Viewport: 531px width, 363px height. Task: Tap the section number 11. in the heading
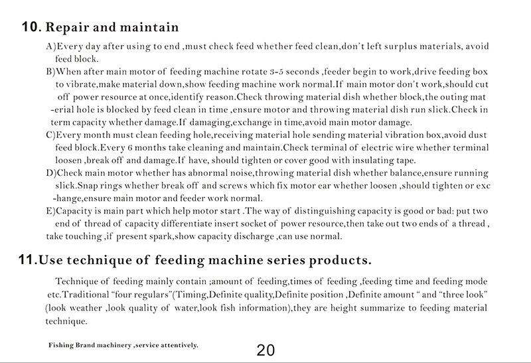click(27, 257)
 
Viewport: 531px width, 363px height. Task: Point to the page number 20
click(265, 350)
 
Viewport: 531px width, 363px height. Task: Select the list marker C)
click(51, 135)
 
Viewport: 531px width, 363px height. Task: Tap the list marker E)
click(51, 210)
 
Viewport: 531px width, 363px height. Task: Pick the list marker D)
click(51, 173)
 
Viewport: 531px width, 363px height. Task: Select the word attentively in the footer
click(176, 346)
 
